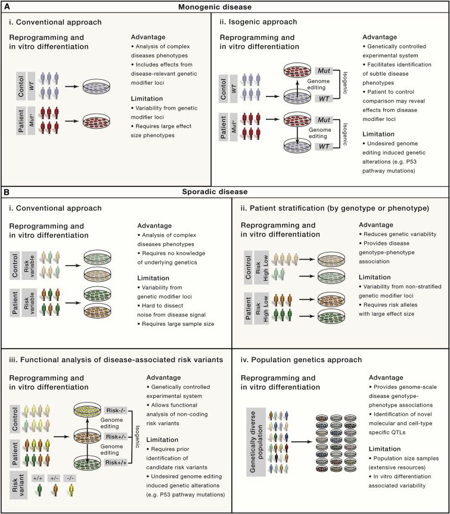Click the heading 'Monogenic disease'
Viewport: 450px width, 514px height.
[224, 7]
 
